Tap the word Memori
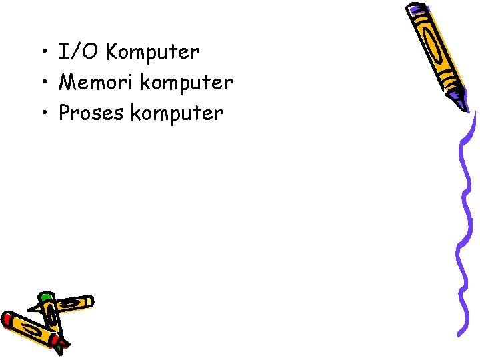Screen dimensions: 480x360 (x=96, y=82)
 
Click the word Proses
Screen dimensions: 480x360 (x=92, y=113)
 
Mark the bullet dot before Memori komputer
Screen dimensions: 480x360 (x=42, y=83)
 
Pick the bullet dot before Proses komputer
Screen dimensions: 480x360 (x=42, y=114)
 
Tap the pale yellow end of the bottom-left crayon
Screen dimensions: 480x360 (x=88, y=301)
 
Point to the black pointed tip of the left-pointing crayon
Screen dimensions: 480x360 (x=31, y=309)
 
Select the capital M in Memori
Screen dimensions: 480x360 (x=68, y=82)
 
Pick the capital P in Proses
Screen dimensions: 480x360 (x=65, y=113)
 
